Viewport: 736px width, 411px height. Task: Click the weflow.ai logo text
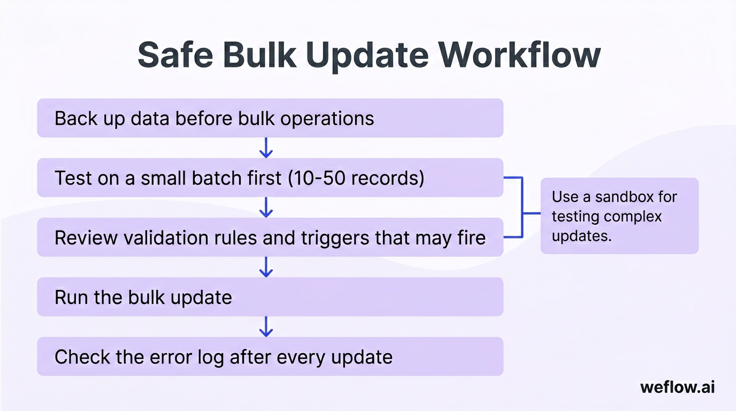tap(678, 387)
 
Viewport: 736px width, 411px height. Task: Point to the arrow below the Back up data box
tap(266, 148)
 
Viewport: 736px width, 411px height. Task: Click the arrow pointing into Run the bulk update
tap(266, 267)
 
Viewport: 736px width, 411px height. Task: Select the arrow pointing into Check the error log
tap(266, 326)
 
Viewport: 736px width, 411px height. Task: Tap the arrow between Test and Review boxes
tap(266, 207)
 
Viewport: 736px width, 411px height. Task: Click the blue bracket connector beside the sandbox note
tap(523, 207)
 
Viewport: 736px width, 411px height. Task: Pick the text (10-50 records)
tap(356, 178)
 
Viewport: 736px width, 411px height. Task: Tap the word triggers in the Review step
tap(335, 238)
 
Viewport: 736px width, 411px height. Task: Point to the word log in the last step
tap(211, 357)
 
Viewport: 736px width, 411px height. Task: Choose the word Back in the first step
tap(76, 118)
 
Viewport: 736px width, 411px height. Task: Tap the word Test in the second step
tap(73, 178)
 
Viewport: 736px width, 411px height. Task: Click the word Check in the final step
tap(82, 357)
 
